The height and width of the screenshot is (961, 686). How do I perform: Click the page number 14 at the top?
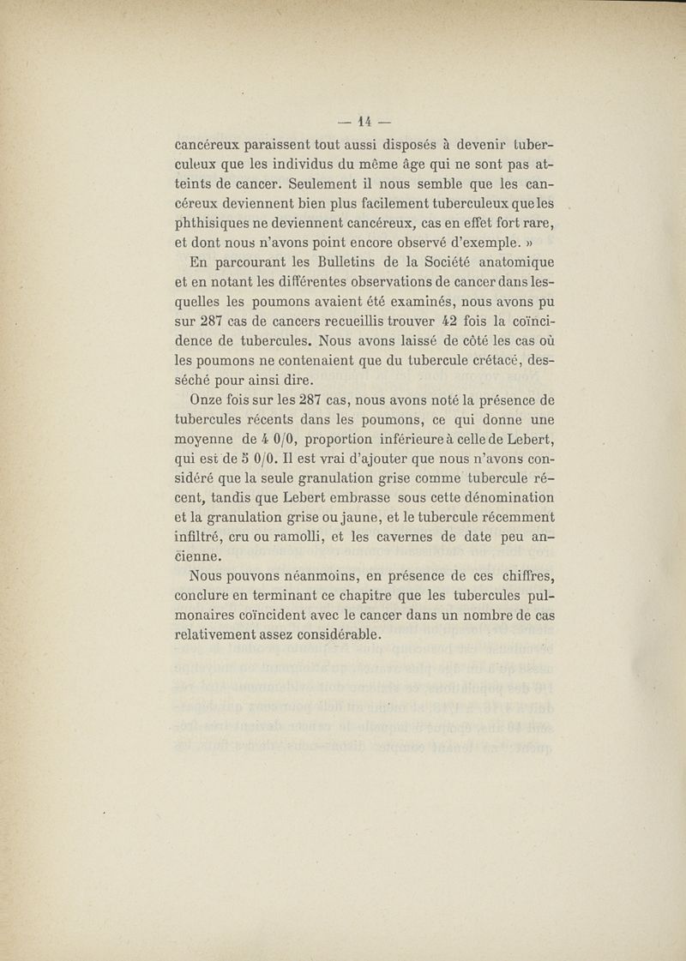(x=364, y=120)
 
